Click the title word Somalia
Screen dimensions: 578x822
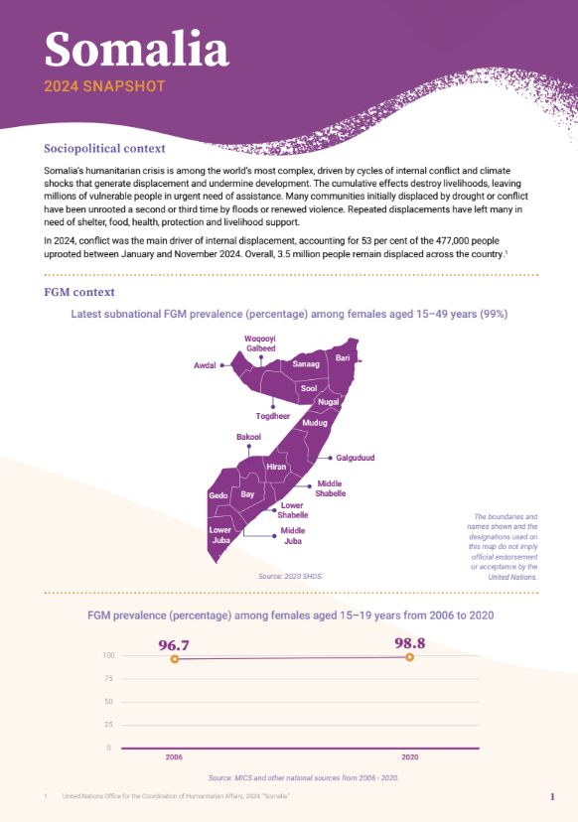pos(136,49)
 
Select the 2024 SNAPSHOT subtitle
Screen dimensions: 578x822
pos(104,86)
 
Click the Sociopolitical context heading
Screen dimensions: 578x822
pos(104,149)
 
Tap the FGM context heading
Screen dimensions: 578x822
pos(79,292)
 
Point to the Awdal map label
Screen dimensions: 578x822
pos(205,365)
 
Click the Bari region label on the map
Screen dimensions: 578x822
pos(343,357)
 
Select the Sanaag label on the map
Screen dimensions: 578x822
pos(306,365)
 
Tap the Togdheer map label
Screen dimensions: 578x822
pos(272,416)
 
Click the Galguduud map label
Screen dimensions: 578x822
pos(356,458)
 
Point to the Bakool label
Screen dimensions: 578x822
pos(248,437)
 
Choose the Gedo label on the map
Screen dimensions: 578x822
pos(218,494)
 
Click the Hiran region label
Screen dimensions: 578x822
pos(276,467)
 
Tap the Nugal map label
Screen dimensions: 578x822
pos(329,401)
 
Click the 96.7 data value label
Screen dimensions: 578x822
pos(174,645)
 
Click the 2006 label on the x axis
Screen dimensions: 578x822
pos(174,757)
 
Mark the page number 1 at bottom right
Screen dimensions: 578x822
pos(552,797)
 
